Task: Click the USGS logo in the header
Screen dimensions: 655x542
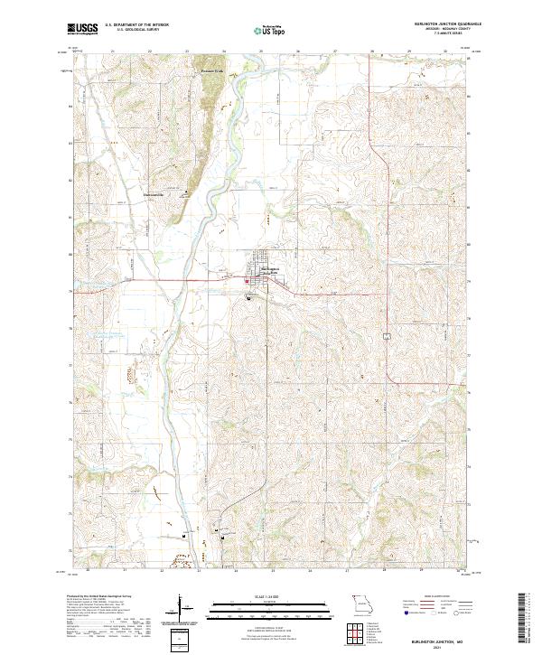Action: pyautogui.click(x=82, y=29)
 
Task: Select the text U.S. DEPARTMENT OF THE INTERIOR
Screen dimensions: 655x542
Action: pyautogui.click(x=136, y=25)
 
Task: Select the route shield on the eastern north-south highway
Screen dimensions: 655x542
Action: pyautogui.click(x=386, y=336)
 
